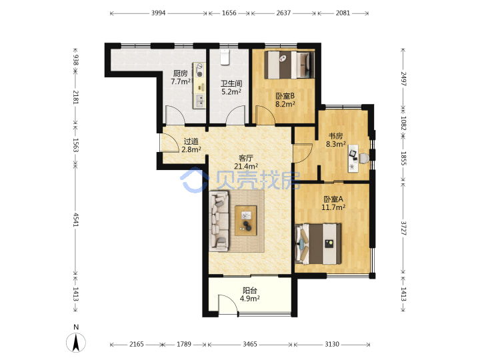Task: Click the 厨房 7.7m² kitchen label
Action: tap(181, 77)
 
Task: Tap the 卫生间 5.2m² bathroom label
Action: tap(231, 87)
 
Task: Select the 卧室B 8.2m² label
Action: tap(285, 100)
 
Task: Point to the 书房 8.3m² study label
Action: tap(336, 140)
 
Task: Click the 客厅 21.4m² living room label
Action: tap(246, 162)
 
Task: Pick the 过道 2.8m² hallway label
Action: tap(191, 145)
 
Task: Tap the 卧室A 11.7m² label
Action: tap(333, 203)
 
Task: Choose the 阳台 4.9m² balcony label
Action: tap(250, 294)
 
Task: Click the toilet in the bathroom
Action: tap(225, 57)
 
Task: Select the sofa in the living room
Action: tap(219, 221)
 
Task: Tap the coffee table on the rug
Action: tap(246, 221)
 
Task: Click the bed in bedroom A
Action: tap(318, 244)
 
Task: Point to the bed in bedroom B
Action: tap(289, 65)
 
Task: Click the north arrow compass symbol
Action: tap(76, 342)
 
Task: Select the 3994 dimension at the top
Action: tap(158, 13)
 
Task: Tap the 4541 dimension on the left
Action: tap(75, 220)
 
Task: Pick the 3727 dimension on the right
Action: tap(403, 229)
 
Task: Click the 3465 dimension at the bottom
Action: tap(250, 344)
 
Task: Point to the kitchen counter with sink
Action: tap(199, 85)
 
